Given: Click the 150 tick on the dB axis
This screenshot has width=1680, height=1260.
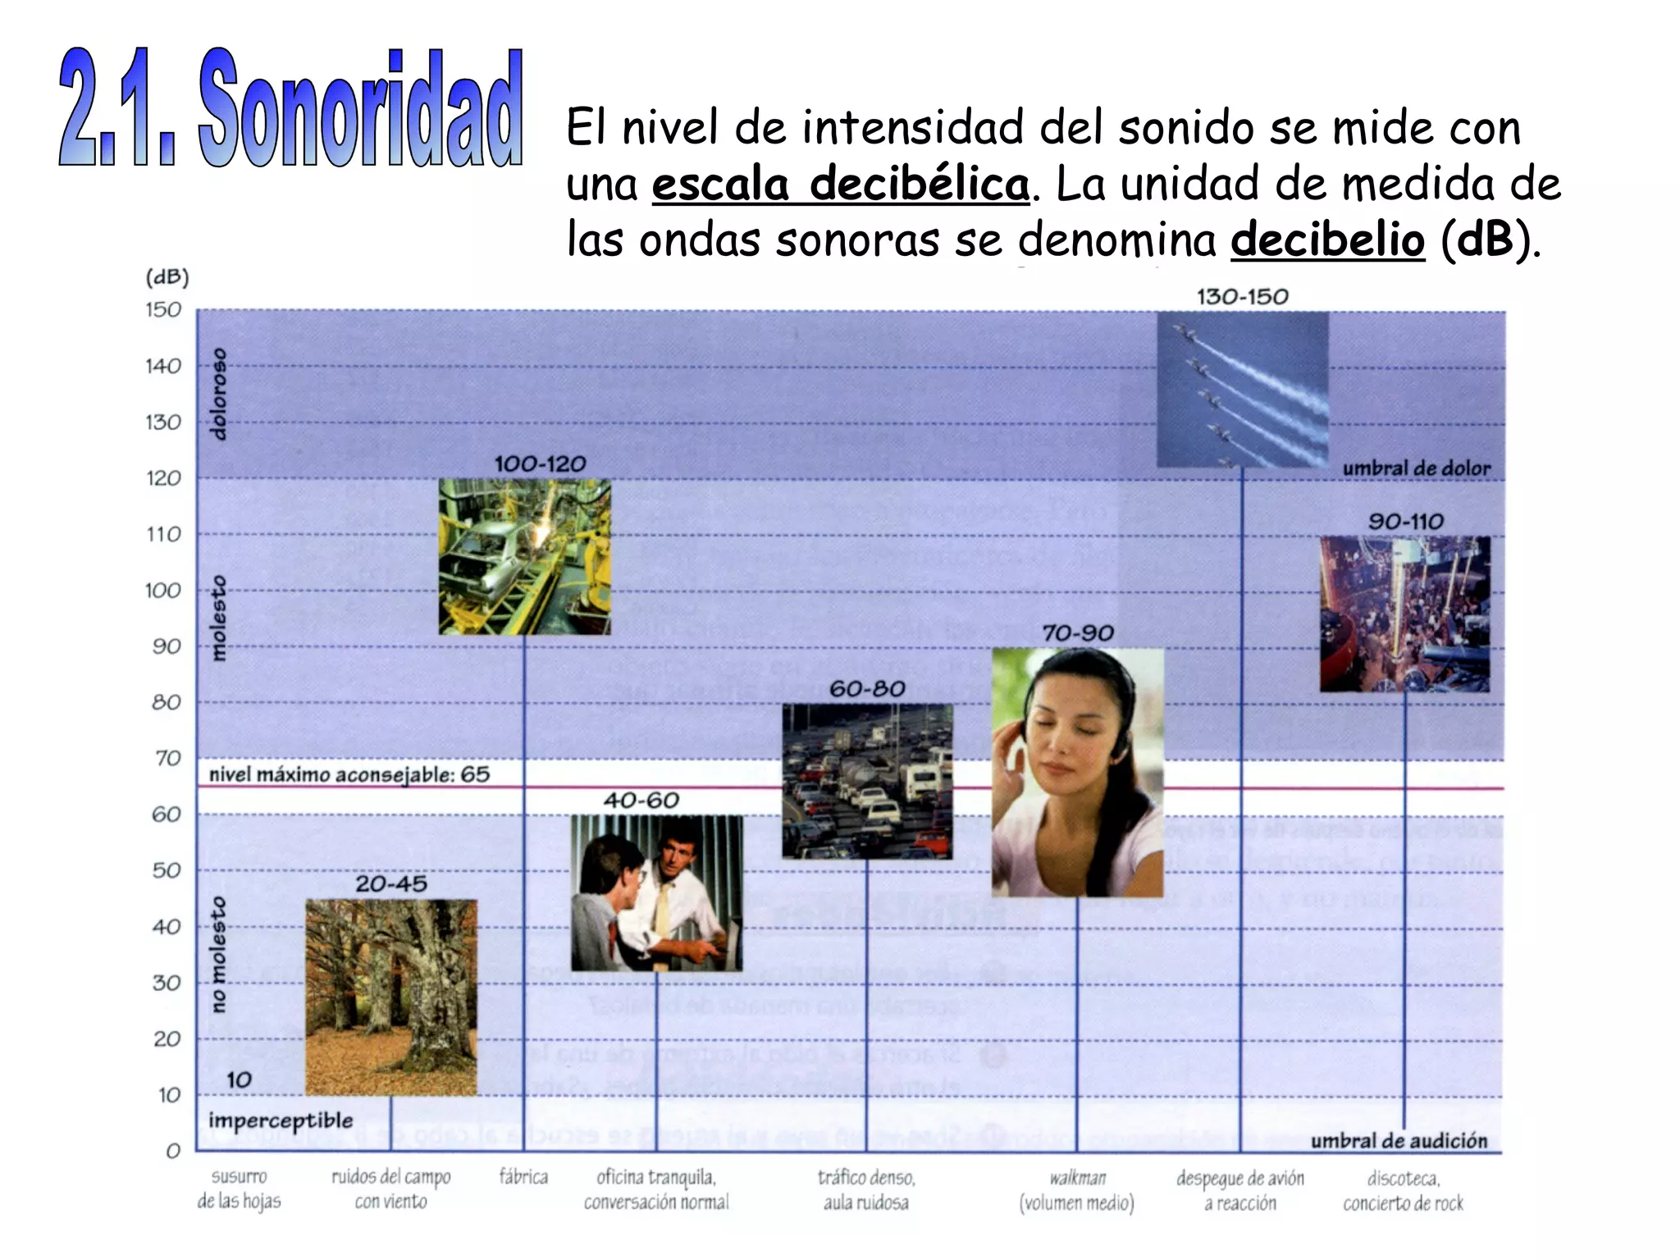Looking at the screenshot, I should coord(163,310).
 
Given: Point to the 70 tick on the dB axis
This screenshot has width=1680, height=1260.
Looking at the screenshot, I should coord(167,759).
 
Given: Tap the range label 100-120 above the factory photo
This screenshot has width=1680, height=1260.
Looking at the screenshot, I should coord(540,464).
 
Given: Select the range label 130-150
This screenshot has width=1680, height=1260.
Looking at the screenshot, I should coord(1242,297).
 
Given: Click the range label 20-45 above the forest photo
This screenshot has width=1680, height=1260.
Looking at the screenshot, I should coord(391,884).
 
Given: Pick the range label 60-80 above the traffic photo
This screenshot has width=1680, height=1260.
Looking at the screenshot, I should coord(867,689).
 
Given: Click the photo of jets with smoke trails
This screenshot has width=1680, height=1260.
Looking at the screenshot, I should coord(1242,389).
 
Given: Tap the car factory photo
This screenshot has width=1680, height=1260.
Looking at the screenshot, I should coord(524,557).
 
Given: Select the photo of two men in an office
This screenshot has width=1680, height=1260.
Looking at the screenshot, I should coord(656,892).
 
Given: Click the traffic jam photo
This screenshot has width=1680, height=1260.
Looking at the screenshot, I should coord(867,781).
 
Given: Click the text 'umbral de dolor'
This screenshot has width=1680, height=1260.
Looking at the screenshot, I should coord(1416,468).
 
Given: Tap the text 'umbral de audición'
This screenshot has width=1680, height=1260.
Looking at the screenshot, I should coord(1398,1141).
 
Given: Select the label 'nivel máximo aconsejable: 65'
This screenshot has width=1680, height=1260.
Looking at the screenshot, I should coord(349,775).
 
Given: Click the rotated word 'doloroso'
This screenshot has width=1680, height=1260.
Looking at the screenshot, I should coord(218,395).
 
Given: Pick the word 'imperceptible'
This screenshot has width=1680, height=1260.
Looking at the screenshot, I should coord(281,1121).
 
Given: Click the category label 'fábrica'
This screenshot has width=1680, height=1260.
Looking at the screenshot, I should coord(523,1178).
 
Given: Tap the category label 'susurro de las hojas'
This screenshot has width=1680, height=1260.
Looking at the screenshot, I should coord(239,1189).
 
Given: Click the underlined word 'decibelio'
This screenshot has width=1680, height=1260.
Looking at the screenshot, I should coord(1326,240).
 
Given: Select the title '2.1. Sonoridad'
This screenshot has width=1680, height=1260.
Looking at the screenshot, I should coord(290,108).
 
